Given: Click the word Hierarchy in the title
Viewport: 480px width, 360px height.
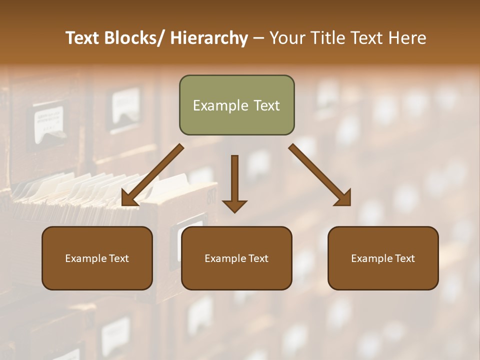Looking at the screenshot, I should pyautogui.click(x=208, y=38).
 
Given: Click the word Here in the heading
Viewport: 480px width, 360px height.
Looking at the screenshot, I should pyautogui.click(x=407, y=38).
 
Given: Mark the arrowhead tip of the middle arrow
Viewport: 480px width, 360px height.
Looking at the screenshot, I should pyautogui.click(x=234, y=212).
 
